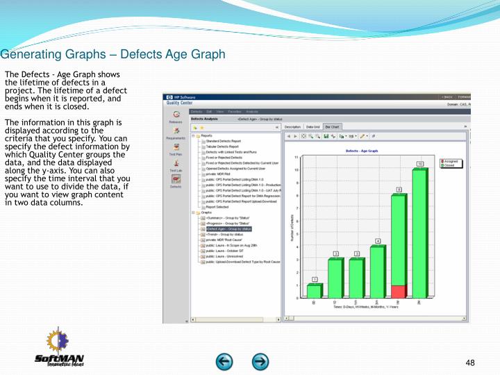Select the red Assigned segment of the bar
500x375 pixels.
tap(398, 292)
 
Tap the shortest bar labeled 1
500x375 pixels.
tap(314, 291)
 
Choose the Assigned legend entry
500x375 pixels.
tap(451, 161)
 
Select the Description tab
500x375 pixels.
tap(312, 127)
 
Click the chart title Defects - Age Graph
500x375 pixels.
tap(362, 151)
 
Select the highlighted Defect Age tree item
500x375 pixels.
tap(228, 228)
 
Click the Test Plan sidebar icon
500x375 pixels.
tap(176, 150)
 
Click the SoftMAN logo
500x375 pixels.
tap(60, 354)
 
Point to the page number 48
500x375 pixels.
tap(470, 363)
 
